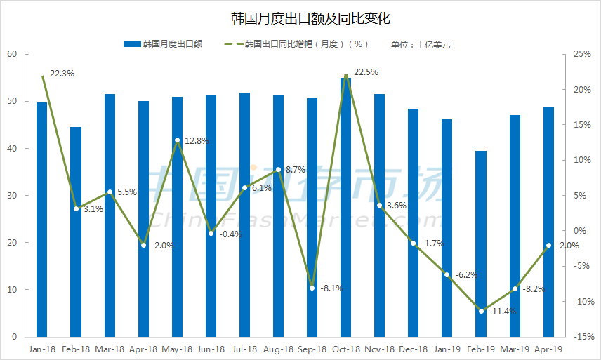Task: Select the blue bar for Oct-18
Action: click(346, 211)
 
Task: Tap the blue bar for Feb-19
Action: click(481, 246)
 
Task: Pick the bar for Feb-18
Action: click(76, 232)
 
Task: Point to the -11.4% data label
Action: click(503, 312)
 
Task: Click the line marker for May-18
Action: click(177, 140)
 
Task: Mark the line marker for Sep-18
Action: click(312, 288)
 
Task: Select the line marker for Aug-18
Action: click(279, 170)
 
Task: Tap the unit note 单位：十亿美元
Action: click(420, 44)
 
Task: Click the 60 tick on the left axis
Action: click(12, 54)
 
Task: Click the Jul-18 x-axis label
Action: click(245, 349)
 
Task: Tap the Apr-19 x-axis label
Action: click(548, 349)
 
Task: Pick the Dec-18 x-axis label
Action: click(414, 349)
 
